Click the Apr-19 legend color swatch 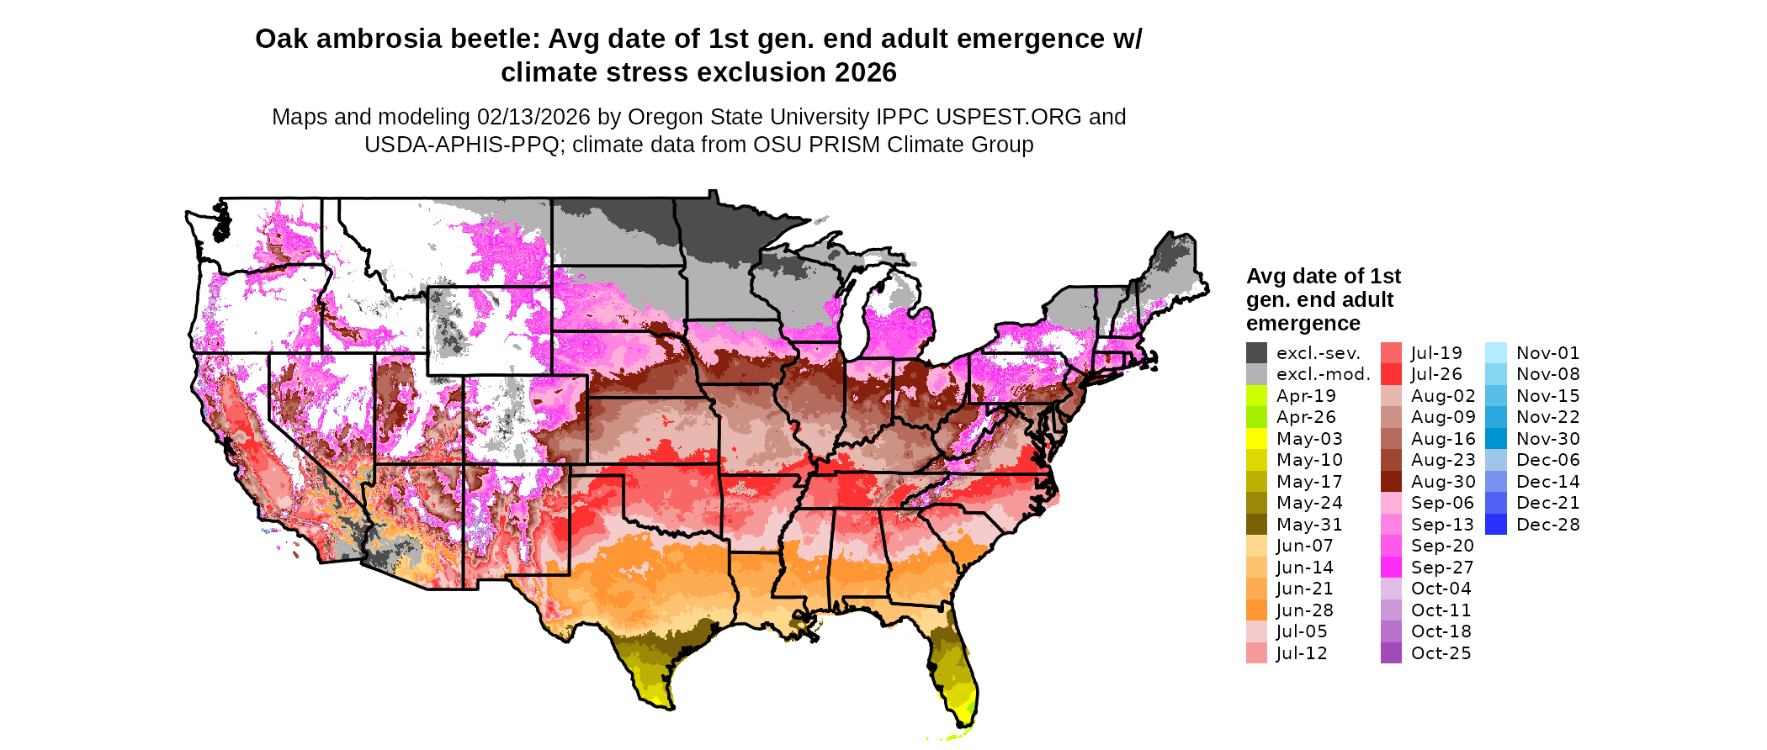(x=1256, y=396)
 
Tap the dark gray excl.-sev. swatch (x=1256, y=353)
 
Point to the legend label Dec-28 (x=1548, y=525)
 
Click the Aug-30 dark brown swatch (x=1391, y=482)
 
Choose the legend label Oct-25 (x=1441, y=653)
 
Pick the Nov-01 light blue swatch (x=1496, y=353)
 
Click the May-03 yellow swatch (x=1256, y=439)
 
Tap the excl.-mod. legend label (x=1323, y=375)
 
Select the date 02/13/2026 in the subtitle (x=533, y=117)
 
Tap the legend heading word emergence (x=1303, y=324)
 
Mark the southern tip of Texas (x=669, y=707)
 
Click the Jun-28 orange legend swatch (x=1256, y=610)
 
